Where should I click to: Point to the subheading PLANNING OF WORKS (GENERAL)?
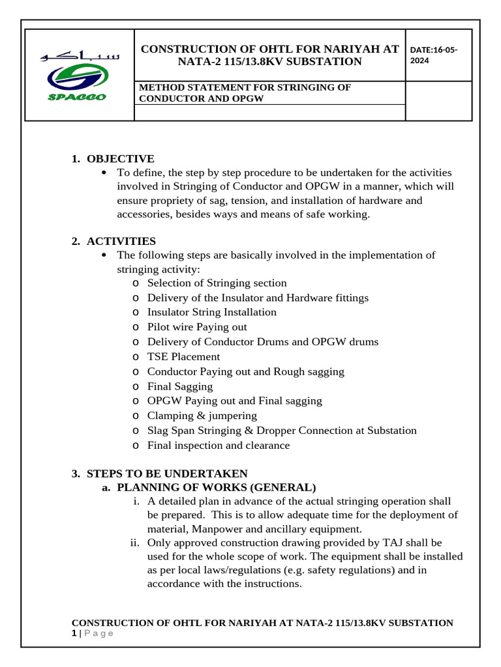pyautogui.click(x=216, y=487)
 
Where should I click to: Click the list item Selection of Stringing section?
pyautogui.click(x=217, y=283)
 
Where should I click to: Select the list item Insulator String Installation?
pyautogui.click(x=211, y=312)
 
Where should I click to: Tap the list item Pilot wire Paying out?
pyautogui.click(x=197, y=327)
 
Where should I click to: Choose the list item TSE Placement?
pyautogui.click(x=183, y=356)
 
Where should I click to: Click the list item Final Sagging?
pyautogui.click(x=180, y=386)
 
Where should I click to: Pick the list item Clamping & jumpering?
pyautogui.click(x=202, y=416)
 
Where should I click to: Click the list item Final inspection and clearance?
pyautogui.click(x=219, y=446)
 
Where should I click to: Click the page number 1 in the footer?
pyautogui.click(x=74, y=633)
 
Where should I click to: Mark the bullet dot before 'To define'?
pyautogui.click(x=106, y=173)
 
